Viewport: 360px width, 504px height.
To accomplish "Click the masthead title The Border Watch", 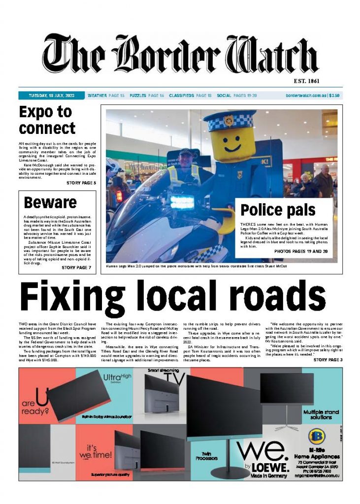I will click(180, 55).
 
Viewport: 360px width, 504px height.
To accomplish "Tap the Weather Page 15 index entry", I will click(106, 95).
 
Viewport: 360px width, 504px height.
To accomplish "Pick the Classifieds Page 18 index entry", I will click(190, 95).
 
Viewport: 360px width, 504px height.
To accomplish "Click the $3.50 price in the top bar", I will click(335, 95).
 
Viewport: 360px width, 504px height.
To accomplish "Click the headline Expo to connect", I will click(47, 121).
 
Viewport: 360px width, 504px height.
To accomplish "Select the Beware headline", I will click(50, 202).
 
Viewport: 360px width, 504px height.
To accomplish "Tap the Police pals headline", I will click(278, 210).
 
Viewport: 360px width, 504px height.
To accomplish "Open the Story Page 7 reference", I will click(76, 267).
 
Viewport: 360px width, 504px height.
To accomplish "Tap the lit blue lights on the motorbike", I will click(183, 201).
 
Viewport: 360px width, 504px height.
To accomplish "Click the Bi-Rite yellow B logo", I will click(315, 437).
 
